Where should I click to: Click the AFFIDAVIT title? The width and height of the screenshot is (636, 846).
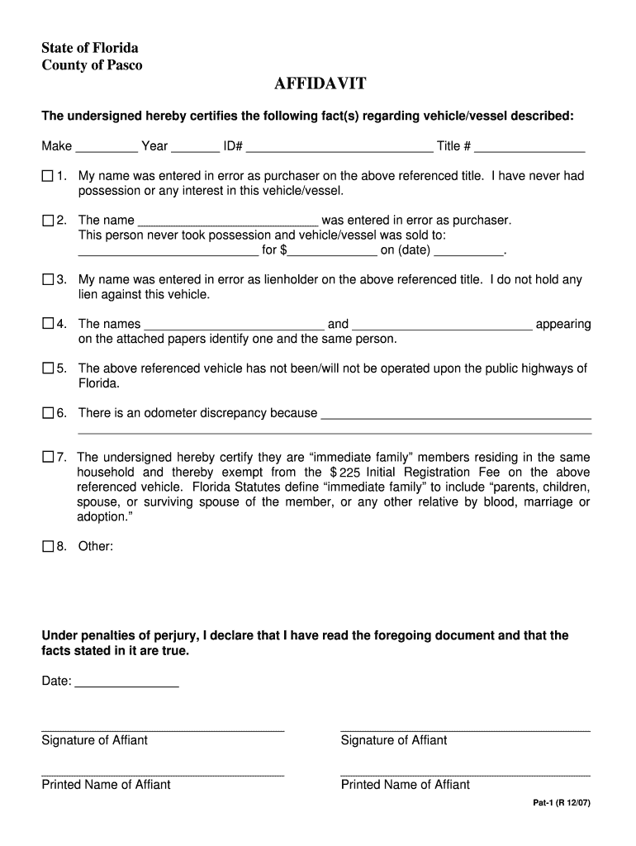320,85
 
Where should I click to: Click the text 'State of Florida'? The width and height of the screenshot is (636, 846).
90,47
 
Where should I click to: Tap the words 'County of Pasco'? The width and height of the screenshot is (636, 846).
92,65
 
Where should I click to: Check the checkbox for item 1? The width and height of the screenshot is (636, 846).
47,176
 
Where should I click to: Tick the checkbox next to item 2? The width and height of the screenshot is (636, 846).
47,221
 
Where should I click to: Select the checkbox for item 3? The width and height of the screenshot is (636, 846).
47,280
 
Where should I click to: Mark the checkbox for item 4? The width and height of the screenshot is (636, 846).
47,324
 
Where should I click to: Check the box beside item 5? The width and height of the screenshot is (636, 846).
47,368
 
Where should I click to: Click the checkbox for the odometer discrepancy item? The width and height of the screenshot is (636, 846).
47,412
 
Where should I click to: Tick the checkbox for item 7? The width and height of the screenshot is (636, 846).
47,457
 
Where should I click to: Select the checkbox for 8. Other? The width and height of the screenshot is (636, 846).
47,546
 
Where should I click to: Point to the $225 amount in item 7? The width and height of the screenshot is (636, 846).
345,473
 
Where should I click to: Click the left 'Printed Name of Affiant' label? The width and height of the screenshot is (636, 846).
106,784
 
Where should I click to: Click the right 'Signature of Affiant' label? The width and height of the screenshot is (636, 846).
393,740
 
